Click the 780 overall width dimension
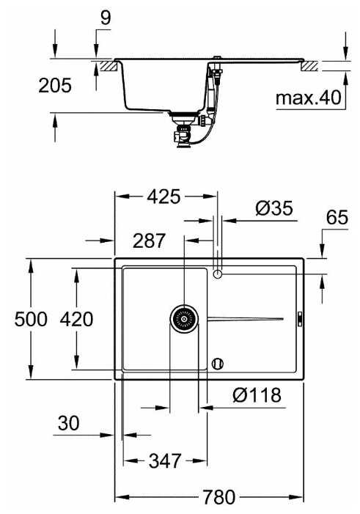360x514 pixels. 219,497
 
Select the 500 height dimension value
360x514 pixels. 31,319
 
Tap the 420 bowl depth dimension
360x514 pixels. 76,319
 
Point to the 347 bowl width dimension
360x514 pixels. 165,461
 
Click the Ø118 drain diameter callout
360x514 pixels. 257,395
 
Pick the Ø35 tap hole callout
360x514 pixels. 274,208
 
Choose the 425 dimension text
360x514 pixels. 164,197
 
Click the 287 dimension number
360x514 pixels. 149,241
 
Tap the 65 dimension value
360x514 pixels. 337,217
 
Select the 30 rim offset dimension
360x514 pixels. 68,423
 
